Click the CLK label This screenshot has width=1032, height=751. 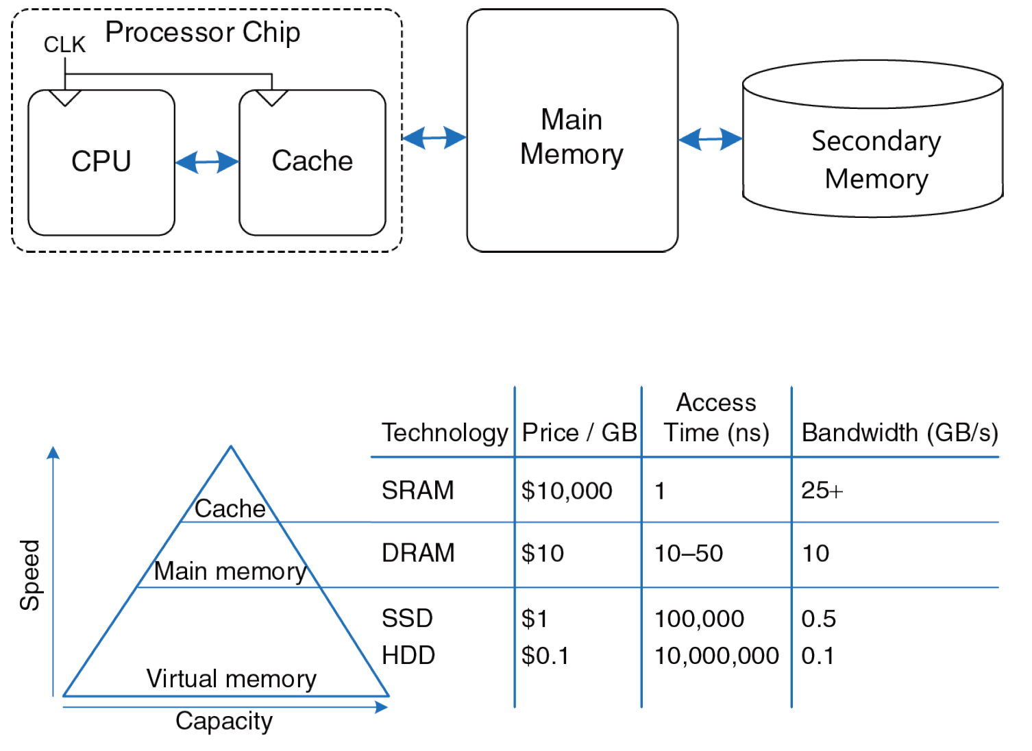(64, 45)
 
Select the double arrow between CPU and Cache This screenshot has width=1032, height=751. (207, 162)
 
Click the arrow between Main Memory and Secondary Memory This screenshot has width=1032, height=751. (711, 139)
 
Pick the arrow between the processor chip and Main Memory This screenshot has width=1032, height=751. (434, 138)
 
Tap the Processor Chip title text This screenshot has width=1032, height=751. (203, 32)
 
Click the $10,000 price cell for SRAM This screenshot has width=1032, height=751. (567, 491)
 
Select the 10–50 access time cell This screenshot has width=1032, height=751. (689, 553)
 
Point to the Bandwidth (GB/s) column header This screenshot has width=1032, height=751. (899, 433)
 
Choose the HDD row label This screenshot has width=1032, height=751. (408, 656)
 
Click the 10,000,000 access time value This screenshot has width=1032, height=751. (717, 656)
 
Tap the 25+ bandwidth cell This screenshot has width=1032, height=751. (822, 491)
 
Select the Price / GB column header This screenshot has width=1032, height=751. (579, 433)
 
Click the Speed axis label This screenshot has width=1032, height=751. (30, 574)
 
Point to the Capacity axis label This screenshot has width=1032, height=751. (224, 721)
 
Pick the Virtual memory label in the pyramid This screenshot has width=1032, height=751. (232, 679)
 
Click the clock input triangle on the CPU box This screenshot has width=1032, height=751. (65, 98)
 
